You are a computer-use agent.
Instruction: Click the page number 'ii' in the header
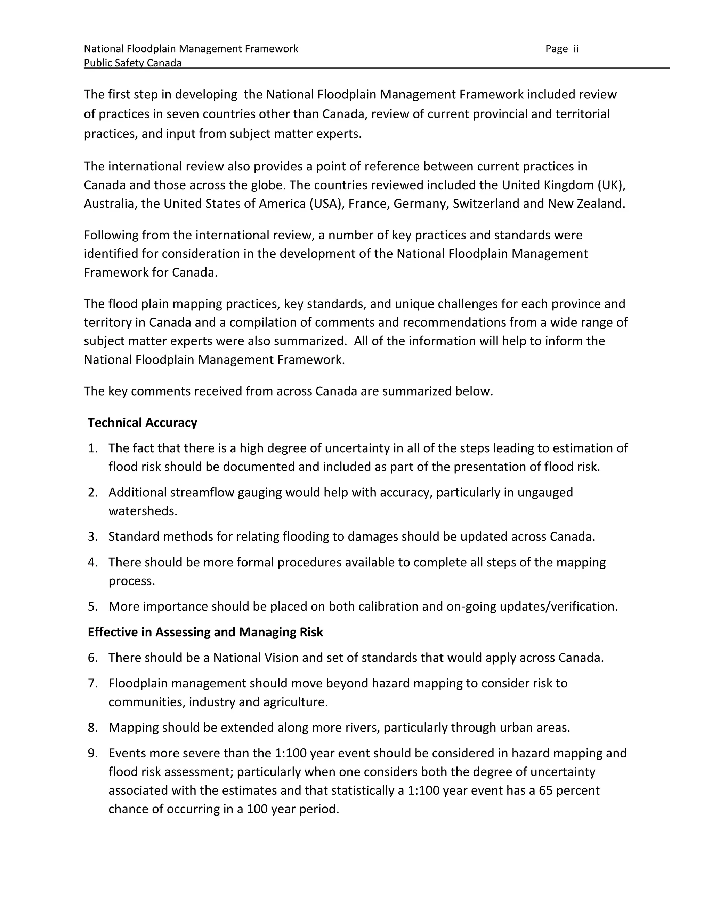click(x=576, y=49)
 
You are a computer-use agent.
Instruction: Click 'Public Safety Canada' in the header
click(x=132, y=63)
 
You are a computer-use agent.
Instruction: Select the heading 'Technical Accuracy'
click(x=142, y=423)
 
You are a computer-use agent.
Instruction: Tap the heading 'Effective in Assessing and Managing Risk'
click(x=205, y=632)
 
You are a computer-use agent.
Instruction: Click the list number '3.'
click(x=93, y=536)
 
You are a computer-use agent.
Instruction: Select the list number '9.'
click(x=93, y=753)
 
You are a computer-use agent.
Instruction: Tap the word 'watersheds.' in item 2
click(x=143, y=511)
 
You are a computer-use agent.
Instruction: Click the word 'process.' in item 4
click(x=132, y=581)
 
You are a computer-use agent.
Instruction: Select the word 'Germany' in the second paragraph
click(x=419, y=204)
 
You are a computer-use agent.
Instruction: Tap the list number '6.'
click(x=93, y=658)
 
